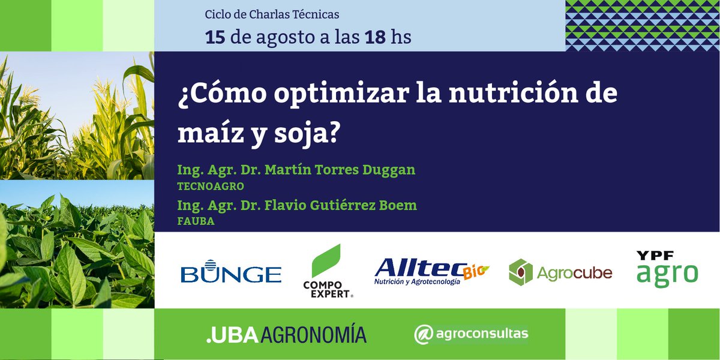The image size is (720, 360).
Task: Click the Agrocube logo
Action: (560, 272)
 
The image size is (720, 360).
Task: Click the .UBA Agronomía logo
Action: (286, 334)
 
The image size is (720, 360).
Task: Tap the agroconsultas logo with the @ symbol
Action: (471, 334)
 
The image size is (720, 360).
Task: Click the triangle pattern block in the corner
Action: (642, 25)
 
